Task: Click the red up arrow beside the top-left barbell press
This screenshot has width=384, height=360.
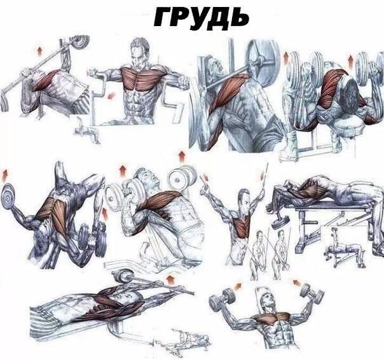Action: click(x=39, y=52)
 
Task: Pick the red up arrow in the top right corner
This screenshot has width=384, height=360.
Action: click(x=351, y=61)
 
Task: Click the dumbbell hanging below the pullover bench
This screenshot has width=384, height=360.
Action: click(x=280, y=221)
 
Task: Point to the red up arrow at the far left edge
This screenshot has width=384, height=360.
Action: click(x=5, y=175)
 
